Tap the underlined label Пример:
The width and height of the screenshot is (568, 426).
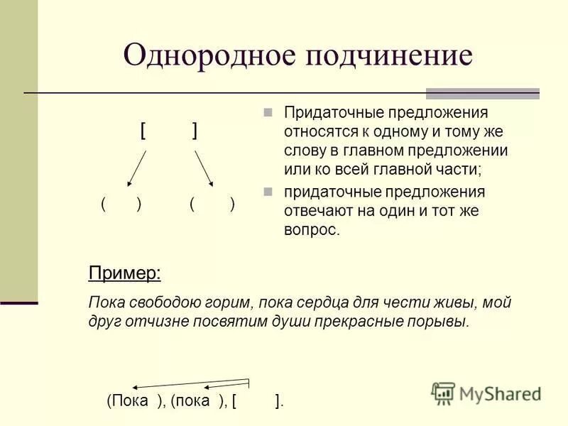coord(124,273)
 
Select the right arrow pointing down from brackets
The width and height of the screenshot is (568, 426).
coord(204,168)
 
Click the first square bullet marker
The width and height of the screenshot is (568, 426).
coord(268,112)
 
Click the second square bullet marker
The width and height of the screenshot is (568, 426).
coord(268,192)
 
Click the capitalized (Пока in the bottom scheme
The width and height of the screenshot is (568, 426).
coord(128,401)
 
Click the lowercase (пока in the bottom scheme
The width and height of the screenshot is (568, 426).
coord(190,401)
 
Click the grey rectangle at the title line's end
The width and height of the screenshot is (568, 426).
coord(482,93)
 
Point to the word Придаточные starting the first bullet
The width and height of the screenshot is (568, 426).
coord(325,112)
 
